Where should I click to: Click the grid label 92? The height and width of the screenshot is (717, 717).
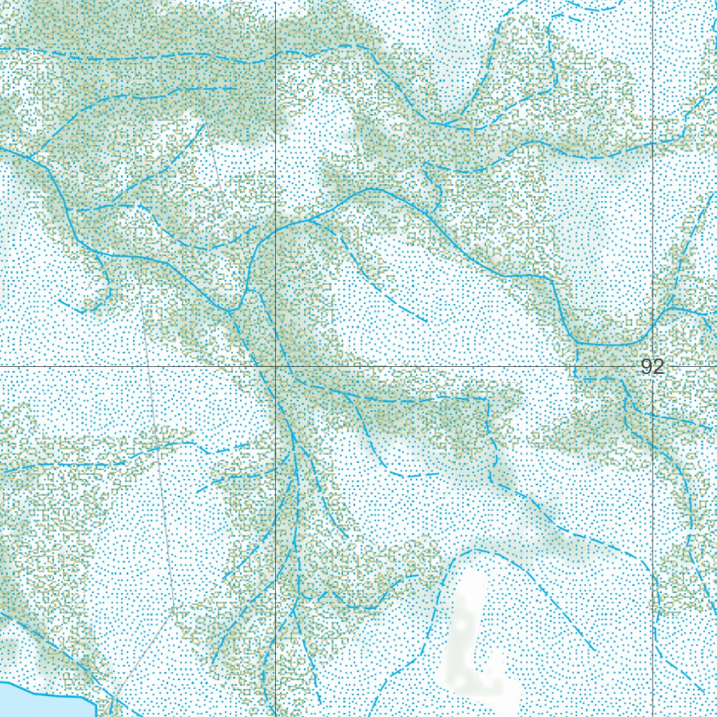click(x=653, y=367)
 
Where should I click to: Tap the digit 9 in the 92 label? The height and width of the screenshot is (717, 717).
click(x=647, y=367)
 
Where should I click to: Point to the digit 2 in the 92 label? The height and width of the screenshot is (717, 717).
click(x=658, y=367)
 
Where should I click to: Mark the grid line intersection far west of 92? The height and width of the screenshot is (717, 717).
click(x=275, y=366)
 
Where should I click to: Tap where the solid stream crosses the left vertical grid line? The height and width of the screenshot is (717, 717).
click(x=275, y=228)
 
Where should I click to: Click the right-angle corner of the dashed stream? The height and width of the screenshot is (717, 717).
click(x=487, y=398)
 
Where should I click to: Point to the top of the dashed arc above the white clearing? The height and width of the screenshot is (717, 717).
click(x=476, y=550)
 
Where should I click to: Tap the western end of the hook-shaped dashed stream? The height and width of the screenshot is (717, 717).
click(x=60, y=301)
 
